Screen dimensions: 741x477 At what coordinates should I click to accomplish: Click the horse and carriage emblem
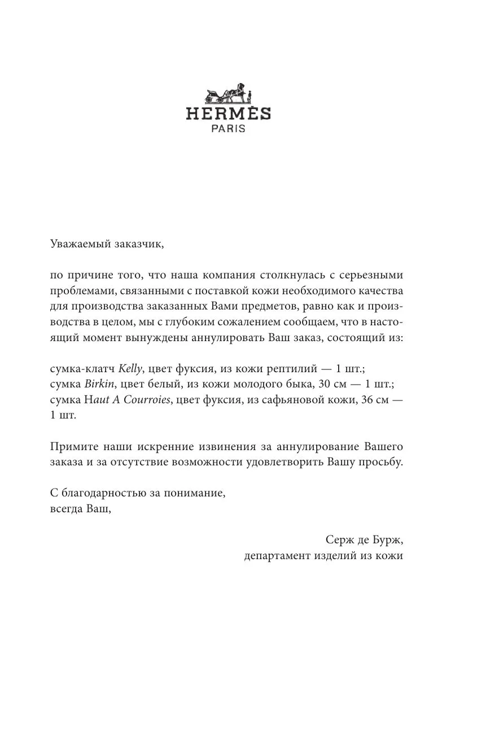(228, 93)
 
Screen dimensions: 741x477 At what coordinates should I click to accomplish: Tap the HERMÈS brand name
(228, 114)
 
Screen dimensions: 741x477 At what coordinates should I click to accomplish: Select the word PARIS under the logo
(228, 128)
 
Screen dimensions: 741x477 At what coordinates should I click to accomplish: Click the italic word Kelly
(131, 369)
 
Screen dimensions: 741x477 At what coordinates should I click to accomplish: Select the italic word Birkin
(99, 384)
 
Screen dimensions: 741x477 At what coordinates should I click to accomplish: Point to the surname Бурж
(389, 540)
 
